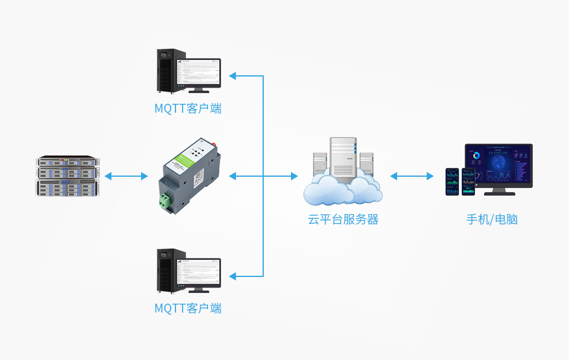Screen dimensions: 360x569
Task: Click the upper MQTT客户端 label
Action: click(x=187, y=109)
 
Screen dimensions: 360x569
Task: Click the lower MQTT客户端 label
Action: click(x=187, y=308)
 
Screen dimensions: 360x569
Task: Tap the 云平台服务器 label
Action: click(x=343, y=219)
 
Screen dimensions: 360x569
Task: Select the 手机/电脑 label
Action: click(x=492, y=219)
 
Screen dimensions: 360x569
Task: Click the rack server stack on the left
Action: click(x=68, y=176)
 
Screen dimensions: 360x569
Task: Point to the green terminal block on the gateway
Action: click(x=165, y=202)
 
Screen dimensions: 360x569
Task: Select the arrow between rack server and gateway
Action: click(x=126, y=176)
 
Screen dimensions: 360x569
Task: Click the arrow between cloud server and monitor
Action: click(x=412, y=176)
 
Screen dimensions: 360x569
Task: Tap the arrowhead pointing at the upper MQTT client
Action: click(x=233, y=76)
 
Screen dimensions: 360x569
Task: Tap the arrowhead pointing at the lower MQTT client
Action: click(x=233, y=276)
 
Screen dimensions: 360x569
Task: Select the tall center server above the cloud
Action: click(x=343, y=157)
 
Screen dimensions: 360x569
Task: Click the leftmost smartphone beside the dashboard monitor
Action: click(x=452, y=181)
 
